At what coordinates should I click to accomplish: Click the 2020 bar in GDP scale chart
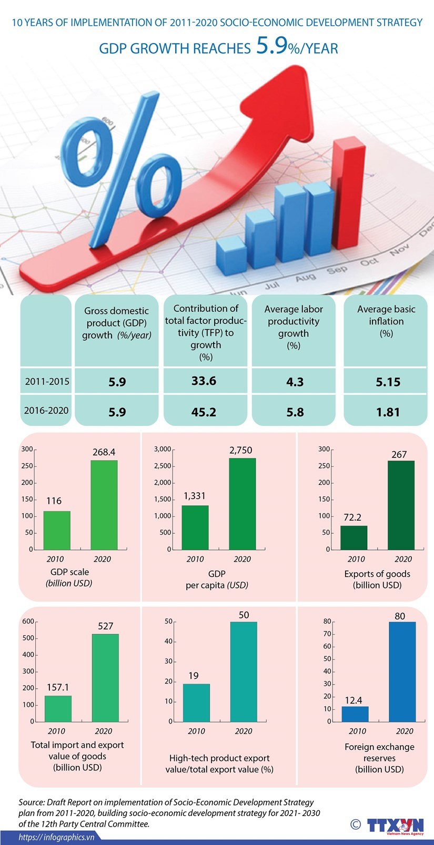(104, 505)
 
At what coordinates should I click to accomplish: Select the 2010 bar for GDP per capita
(195, 527)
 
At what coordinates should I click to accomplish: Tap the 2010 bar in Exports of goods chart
(354, 537)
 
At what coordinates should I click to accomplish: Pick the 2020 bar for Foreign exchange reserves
(402, 671)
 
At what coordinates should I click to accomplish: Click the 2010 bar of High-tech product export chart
(196, 703)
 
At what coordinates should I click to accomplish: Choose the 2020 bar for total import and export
(105, 678)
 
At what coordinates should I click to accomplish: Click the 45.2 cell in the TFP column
(204, 412)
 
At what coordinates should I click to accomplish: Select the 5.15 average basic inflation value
(388, 382)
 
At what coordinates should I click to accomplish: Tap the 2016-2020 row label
(46, 410)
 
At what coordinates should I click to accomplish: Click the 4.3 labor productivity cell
(295, 382)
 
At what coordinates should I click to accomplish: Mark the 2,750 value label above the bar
(240, 450)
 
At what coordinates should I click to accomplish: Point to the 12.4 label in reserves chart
(354, 700)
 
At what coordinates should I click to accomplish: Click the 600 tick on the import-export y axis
(27, 622)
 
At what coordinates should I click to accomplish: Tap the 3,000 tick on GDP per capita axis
(163, 449)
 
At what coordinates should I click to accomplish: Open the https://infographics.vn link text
(57, 837)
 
